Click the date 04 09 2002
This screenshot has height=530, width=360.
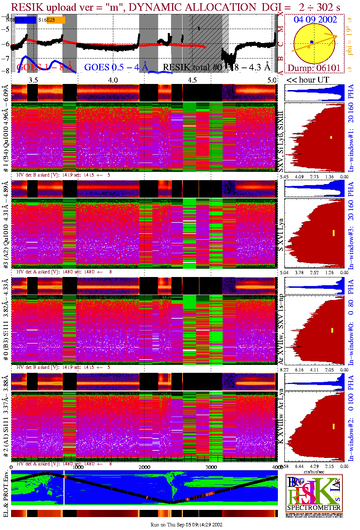[315, 19]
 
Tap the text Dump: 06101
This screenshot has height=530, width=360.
[314, 68]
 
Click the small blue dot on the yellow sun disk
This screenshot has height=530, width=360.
[312, 42]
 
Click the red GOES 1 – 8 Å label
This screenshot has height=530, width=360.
[45, 67]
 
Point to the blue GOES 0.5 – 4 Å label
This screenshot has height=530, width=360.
[116, 67]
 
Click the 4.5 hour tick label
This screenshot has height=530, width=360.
[193, 80]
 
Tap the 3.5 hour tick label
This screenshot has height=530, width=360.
[33, 80]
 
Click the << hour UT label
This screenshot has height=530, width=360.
[308, 80]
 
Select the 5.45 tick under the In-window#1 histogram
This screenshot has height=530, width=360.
[284, 177]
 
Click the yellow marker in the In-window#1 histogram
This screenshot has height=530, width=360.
[331, 137]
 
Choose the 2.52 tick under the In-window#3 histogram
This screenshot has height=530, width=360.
[314, 272]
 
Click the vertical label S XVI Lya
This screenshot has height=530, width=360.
[281, 235]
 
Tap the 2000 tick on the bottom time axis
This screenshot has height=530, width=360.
[145, 467]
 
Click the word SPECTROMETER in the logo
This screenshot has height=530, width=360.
[314, 508]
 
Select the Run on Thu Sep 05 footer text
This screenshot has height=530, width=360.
[186, 525]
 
